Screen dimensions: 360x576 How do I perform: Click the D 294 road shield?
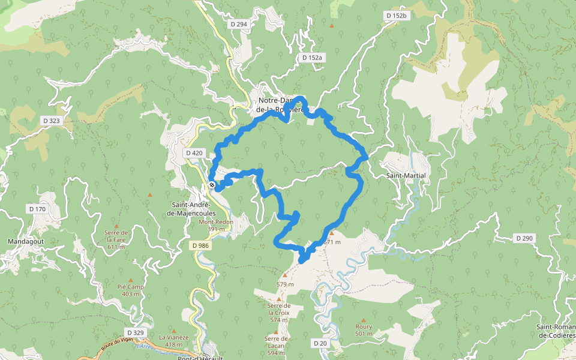pos(238,24)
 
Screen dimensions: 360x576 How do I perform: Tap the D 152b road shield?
pos(397,16)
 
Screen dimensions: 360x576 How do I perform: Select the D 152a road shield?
pos(312,58)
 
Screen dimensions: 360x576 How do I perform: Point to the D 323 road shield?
pos(52,121)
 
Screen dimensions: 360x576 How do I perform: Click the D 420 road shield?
pos(194,153)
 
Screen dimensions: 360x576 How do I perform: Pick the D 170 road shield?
pos(37,209)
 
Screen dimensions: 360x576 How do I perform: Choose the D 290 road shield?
pos(524,238)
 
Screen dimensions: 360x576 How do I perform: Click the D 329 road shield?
pos(136,332)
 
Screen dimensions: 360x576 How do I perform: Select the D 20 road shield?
pos(320,343)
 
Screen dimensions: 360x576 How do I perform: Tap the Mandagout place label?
pos(23,241)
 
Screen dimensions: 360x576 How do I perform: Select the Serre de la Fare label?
pos(116,239)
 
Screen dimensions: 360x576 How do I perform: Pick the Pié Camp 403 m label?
pos(131,290)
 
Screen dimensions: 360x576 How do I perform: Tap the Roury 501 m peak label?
pos(364,330)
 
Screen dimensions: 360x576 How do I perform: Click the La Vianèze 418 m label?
pos(174,340)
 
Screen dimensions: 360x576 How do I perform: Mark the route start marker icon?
pos(212,185)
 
